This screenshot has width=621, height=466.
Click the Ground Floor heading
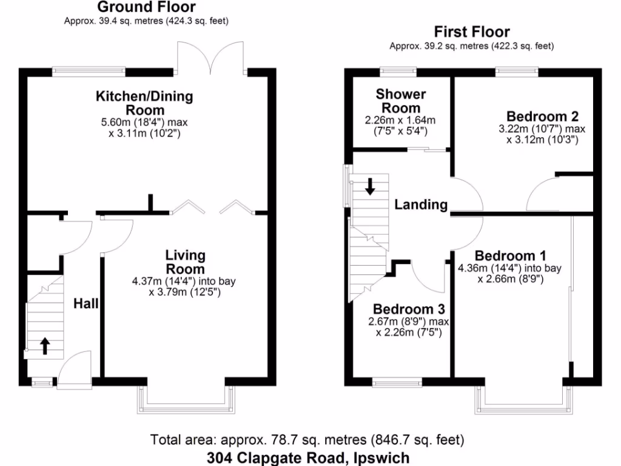pos(146,7)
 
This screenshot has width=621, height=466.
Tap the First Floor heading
pos(472,32)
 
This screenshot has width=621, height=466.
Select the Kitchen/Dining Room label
pos(144,103)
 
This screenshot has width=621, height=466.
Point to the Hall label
pos(86,303)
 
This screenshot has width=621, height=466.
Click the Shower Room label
pos(400,101)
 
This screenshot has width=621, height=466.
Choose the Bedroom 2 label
pos(542,116)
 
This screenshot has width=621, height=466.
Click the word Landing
pos(421,204)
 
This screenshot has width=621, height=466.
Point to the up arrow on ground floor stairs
pos(44,345)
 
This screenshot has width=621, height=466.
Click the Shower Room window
pos(398,71)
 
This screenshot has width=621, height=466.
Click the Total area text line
pos(307,439)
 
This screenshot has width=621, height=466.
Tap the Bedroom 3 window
pos(397,382)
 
